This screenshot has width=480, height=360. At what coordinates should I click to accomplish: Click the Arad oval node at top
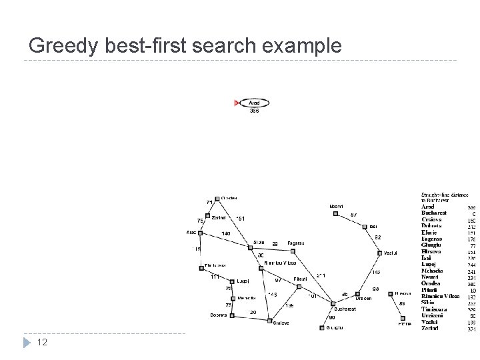point(254,103)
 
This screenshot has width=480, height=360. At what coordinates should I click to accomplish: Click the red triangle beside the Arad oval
point(237,103)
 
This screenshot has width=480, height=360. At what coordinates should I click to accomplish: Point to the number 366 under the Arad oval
point(254,111)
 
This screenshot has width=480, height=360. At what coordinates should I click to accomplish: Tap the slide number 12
point(41,342)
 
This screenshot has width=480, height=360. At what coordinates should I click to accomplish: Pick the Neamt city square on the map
point(336,214)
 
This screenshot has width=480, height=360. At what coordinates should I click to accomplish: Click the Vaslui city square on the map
point(379,253)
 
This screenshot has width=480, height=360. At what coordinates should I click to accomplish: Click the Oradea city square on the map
point(217,198)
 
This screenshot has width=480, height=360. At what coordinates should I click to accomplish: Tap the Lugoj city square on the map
point(231,282)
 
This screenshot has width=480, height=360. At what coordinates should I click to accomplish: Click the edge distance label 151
point(241,218)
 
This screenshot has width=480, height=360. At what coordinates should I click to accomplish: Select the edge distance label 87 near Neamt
point(353,215)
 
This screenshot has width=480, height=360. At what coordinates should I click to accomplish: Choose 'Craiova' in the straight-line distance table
point(431,219)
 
